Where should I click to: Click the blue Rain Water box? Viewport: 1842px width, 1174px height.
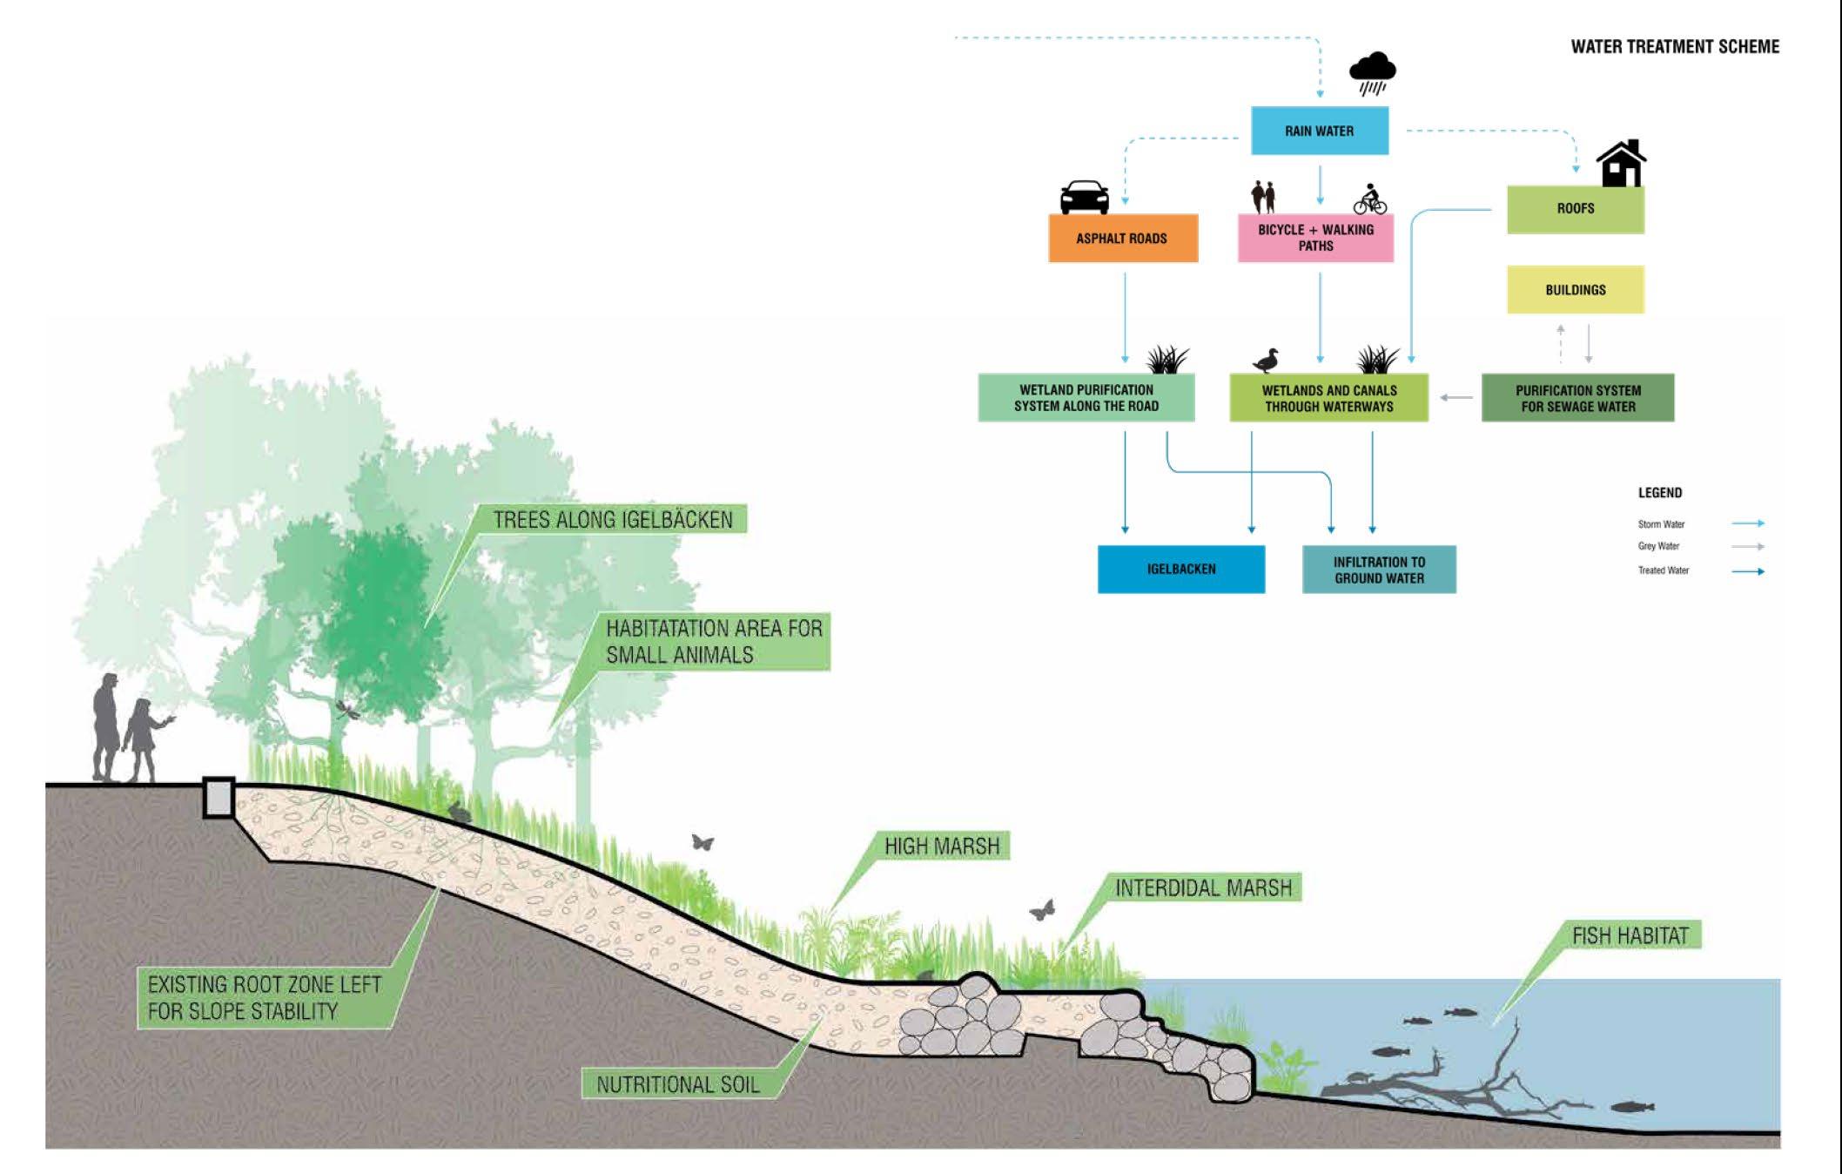(1319, 131)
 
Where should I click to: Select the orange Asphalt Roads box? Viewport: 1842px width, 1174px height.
(1122, 238)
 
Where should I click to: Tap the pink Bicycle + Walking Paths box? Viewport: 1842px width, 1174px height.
(1315, 238)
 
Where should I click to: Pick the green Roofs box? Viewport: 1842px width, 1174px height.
(1575, 209)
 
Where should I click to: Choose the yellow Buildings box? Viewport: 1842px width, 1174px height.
(1575, 290)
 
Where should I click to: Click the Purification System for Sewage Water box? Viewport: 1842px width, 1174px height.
(1577, 398)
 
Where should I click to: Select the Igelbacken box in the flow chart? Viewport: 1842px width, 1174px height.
(1180, 570)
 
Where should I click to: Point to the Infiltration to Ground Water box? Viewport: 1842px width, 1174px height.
(1379, 570)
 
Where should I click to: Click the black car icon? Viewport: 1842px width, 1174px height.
(1084, 197)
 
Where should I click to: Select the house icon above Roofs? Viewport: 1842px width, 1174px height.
(1620, 164)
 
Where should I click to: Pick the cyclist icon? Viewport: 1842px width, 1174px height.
(1369, 199)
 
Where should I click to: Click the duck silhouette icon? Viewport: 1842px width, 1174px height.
(1267, 360)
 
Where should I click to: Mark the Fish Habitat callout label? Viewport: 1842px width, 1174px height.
(1630, 936)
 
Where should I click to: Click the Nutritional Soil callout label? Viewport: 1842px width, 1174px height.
(678, 1084)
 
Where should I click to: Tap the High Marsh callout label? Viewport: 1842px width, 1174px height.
(942, 846)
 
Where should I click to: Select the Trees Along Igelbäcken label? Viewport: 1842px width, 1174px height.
(613, 520)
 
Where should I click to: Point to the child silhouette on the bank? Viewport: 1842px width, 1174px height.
(143, 739)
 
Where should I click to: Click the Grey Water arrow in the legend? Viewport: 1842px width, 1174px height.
(1747, 547)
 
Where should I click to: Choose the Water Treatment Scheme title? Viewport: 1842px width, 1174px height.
(1674, 47)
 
